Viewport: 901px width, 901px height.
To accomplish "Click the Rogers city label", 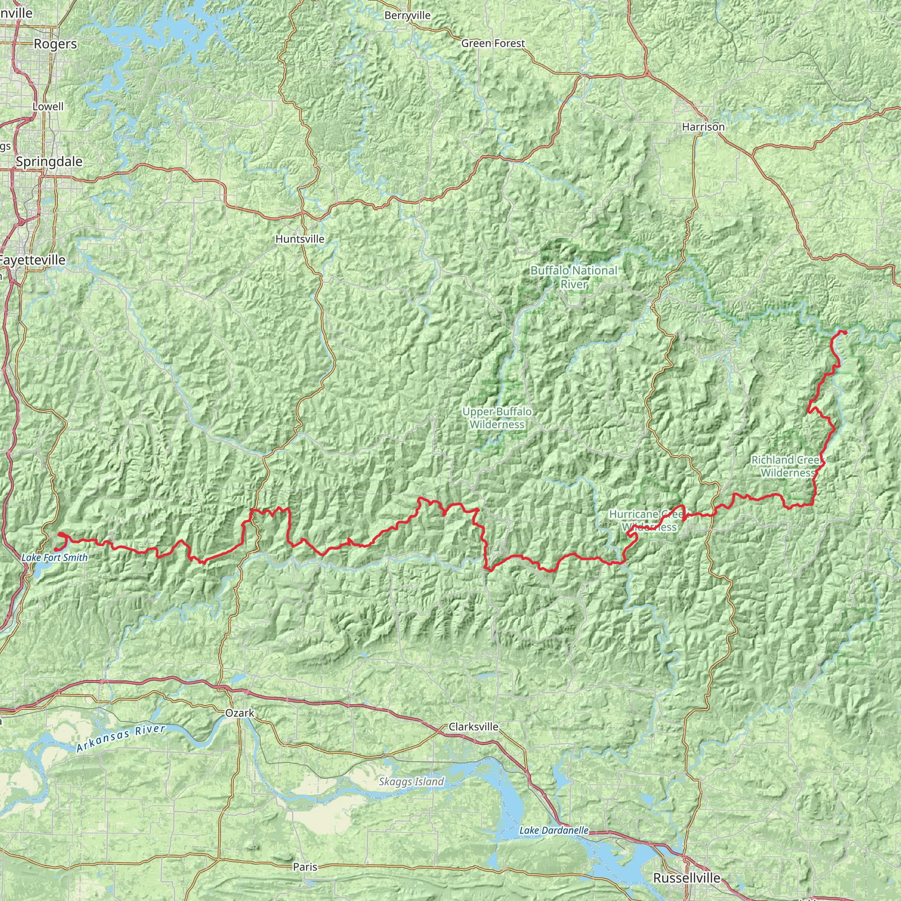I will (55, 44).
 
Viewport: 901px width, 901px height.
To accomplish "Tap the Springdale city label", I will (49, 162).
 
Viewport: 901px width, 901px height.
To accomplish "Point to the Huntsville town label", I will (300, 239).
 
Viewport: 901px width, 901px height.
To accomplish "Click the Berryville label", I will (407, 16).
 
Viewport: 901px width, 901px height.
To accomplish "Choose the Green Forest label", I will (493, 44).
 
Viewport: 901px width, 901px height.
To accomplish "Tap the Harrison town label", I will (703, 127).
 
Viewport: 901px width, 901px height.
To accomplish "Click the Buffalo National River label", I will (574, 277).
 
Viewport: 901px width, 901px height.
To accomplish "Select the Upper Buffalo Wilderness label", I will (497, 418).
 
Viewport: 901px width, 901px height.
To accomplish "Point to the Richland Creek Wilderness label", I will (787, 466).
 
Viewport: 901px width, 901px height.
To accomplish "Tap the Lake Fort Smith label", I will (55, 557).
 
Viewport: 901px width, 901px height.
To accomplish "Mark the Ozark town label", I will (240, 713).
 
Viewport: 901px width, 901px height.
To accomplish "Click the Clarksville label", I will (473, 727).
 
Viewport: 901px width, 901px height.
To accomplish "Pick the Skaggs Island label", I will (411, 782).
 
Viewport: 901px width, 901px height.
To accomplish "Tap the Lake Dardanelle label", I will (553, 831).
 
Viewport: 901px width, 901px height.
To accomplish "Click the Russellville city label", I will (686, 878).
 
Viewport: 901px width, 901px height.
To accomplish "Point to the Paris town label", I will (305, 867).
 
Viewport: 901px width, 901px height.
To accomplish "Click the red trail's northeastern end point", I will (845, 332).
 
